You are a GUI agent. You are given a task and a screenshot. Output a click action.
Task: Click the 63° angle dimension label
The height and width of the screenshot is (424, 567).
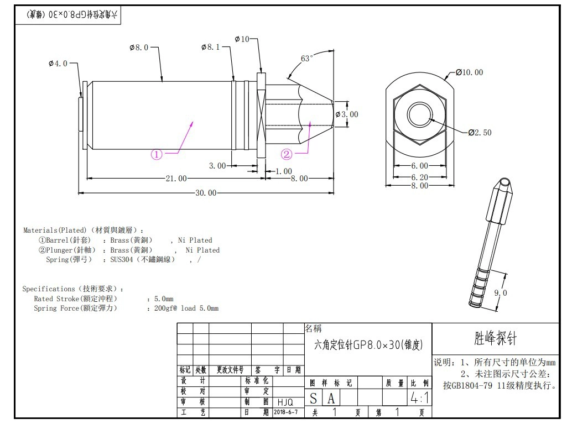pos(306,59)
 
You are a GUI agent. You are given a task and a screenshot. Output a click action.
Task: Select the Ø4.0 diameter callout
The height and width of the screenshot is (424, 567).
pos(58,64)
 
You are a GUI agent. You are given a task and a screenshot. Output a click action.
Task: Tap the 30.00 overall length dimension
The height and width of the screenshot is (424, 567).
pos(206,193)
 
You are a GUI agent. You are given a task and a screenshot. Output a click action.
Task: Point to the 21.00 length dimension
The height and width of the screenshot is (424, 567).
pos(176,179)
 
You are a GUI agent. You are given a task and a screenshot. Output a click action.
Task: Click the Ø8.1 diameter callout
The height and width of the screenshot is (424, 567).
pos(210,47)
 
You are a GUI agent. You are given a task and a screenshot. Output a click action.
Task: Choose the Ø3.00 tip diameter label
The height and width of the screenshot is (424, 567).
pos(347,114)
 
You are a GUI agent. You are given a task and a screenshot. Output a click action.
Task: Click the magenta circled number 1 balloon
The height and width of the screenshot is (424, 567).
pos(156,155)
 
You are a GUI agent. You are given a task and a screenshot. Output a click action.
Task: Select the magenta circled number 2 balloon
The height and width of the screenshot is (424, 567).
pos(287,155)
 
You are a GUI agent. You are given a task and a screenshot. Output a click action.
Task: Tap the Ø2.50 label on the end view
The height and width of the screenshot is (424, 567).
pos(480,133)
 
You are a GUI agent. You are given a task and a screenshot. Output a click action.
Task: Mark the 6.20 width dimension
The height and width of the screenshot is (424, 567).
pos(419,177)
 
